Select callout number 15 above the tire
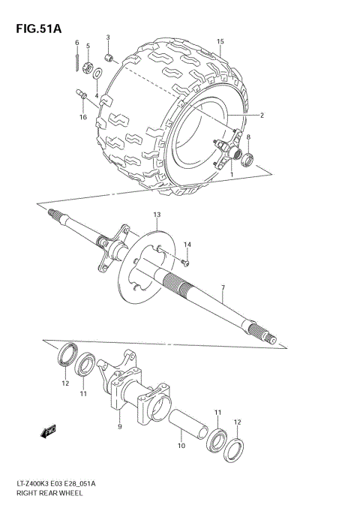tap(220, 41)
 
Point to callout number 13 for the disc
tap(157, 215)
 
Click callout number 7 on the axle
tap(223, 287)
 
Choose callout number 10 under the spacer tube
tap(180, 446)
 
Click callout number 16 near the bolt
tap(83, 117)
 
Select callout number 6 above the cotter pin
tap(76, 43)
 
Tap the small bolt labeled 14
tap(185, 262)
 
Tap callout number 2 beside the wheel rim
tap(262, 116)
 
